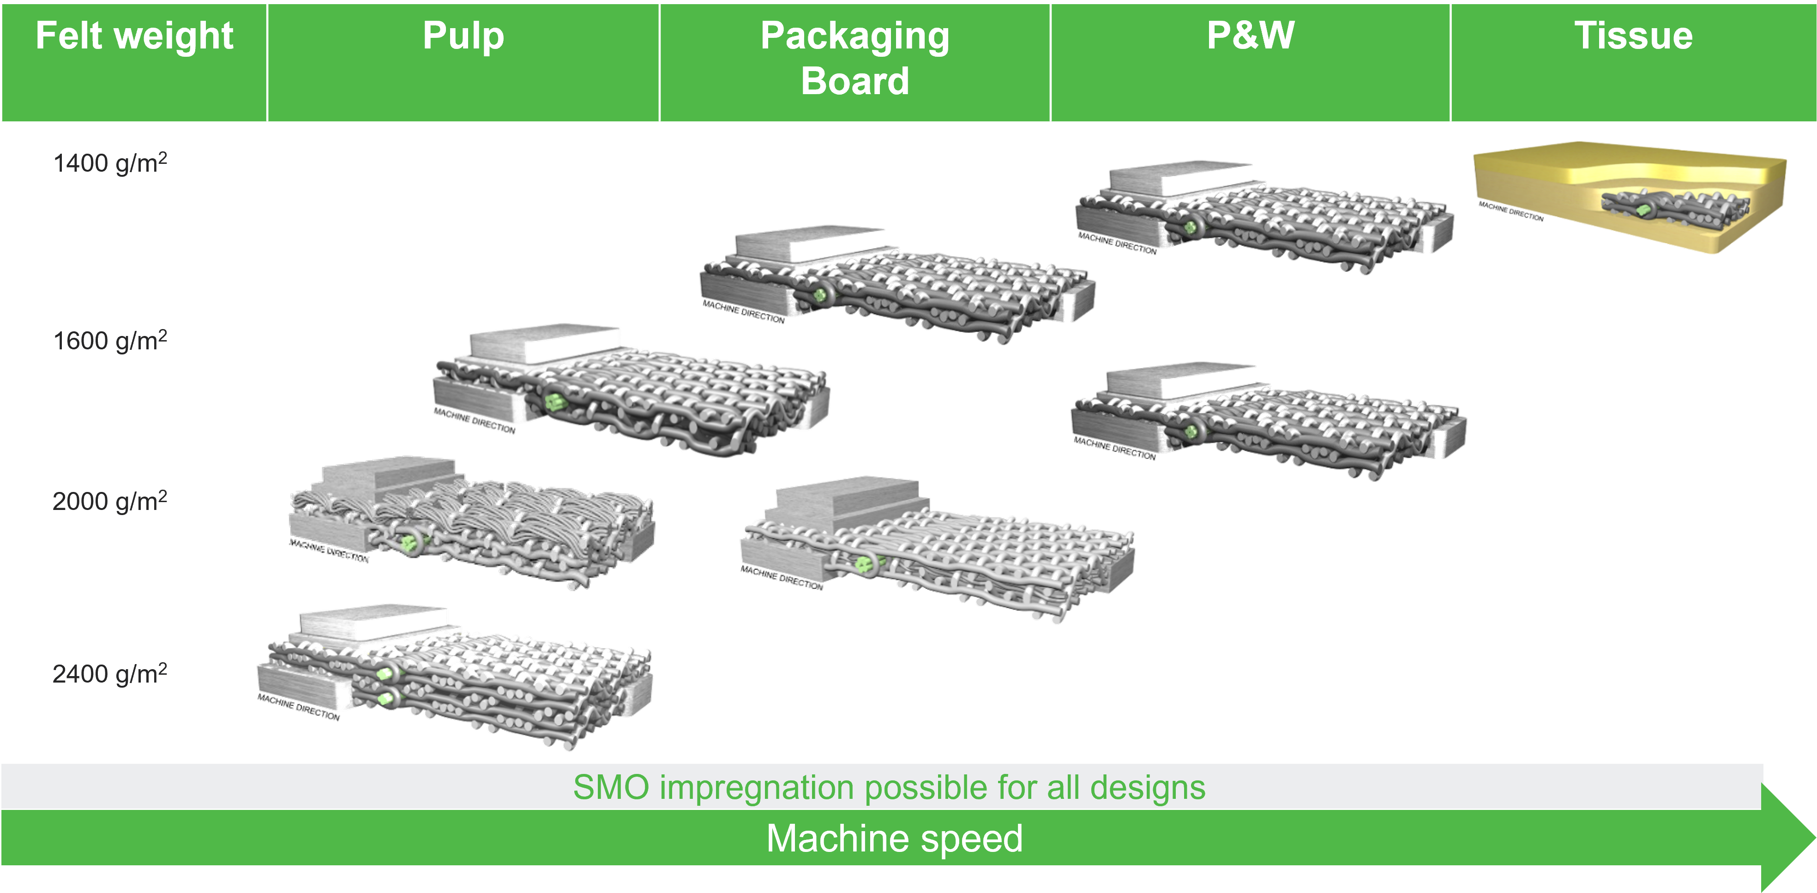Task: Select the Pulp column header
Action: [x=463, y=36]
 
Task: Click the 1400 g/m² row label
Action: [x=110, y=163]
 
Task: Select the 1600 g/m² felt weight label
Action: [x=110, y=341]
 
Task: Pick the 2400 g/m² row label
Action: [x=110, y=674]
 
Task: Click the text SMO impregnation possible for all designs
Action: [x=889, y=787]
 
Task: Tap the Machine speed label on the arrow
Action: [x=894, y=839]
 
